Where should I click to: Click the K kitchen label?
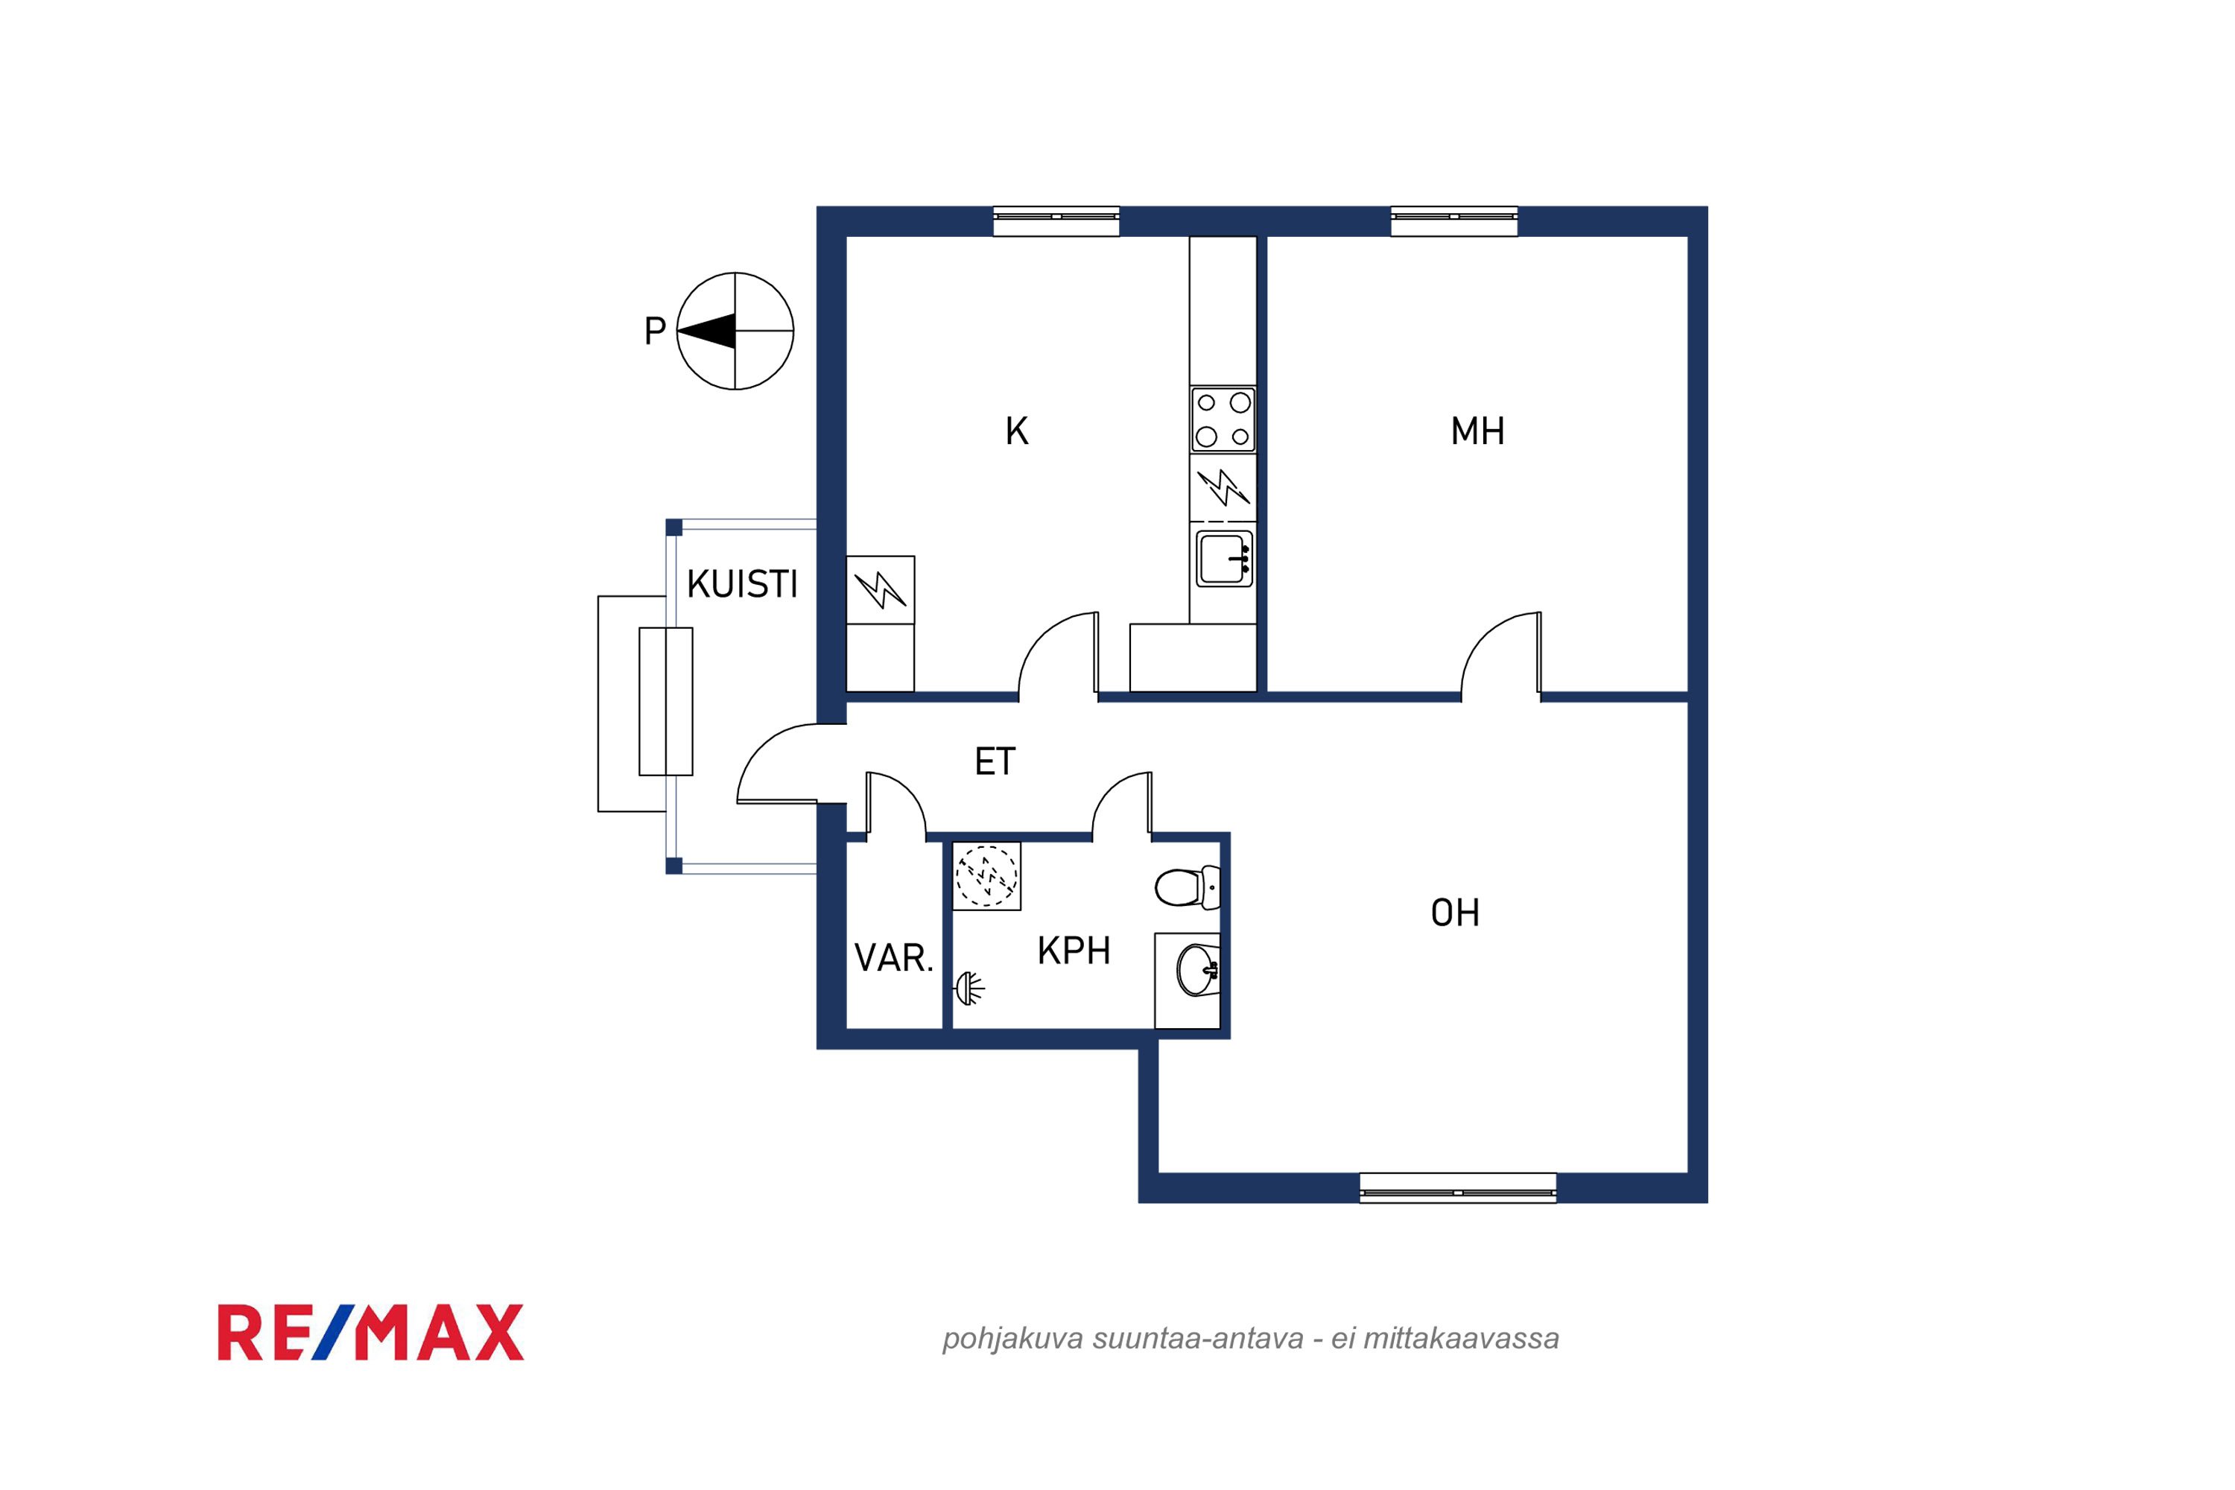coord(1017,431)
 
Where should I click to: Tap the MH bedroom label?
coord(1477,431)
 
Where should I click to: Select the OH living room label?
coord(1455,913)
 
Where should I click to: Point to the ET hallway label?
coord(995,761)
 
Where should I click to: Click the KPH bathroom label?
coord(1074,951)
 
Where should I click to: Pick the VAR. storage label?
coord(894,958)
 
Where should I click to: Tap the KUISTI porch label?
coord(742,584)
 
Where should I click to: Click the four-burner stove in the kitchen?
coord(1223,419)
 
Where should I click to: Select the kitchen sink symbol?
coord(1224,559)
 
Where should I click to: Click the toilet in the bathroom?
coord(1188,887)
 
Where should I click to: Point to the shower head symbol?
coord(968,989)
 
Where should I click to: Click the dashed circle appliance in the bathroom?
coord(986,875)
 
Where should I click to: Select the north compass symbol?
coord(735,332)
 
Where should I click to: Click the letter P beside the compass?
coord(655,331)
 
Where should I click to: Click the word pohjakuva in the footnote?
coord(1013,1339)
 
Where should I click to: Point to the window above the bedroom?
coord(1454,221)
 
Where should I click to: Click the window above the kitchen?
coord(1056,221)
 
